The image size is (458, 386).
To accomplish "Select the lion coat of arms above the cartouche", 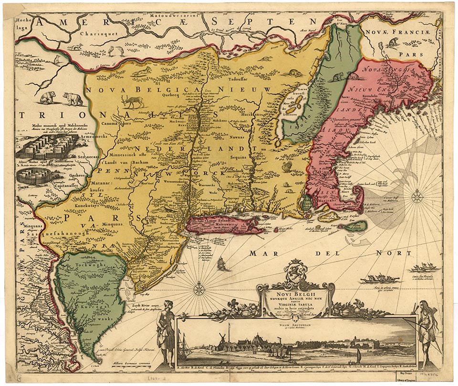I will click(294, 269).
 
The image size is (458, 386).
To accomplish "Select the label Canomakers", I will click(118, 123).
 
